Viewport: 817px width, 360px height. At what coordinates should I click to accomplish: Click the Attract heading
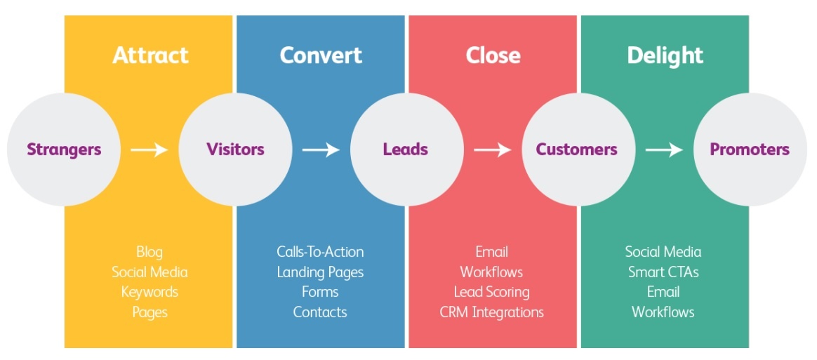tap(150, 55)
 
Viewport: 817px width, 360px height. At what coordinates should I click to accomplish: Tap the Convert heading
tap(321, 55)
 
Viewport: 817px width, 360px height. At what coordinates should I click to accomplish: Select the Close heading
tap(493, 55)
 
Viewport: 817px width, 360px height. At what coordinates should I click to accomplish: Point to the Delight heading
tap(665, 55)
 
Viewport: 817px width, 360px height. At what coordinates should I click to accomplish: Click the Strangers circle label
tap(64, 149)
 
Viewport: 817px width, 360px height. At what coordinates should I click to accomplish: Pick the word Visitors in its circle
tap(235, 149)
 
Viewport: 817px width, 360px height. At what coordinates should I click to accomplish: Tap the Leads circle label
tap(406, 149)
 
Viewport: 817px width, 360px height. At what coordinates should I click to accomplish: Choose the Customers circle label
tap(577, 149)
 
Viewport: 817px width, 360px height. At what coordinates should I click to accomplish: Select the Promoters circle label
tap(750, 149)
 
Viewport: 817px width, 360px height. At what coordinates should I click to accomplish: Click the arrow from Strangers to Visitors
tap(150, 149)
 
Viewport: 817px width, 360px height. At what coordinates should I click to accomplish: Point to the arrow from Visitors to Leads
tap(321, 149)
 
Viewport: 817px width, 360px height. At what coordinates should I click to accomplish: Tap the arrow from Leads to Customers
tap(492, 149)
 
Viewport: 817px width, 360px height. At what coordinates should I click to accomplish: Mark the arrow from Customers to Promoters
tap(664, 149)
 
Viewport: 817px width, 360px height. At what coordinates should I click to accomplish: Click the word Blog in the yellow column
tap(150, 251)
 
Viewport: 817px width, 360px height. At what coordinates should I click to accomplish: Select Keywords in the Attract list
tap(150, 292)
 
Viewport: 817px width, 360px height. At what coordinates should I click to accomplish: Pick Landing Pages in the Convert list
tap(320, 272)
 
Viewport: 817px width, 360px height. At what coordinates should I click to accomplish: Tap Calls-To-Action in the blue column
tap(320, 251)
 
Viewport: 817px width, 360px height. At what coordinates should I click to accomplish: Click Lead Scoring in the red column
tap(491, 292)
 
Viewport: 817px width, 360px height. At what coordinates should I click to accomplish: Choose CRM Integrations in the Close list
tap(491, 312)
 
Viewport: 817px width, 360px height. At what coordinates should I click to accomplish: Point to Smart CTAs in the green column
tap(663, 272)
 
